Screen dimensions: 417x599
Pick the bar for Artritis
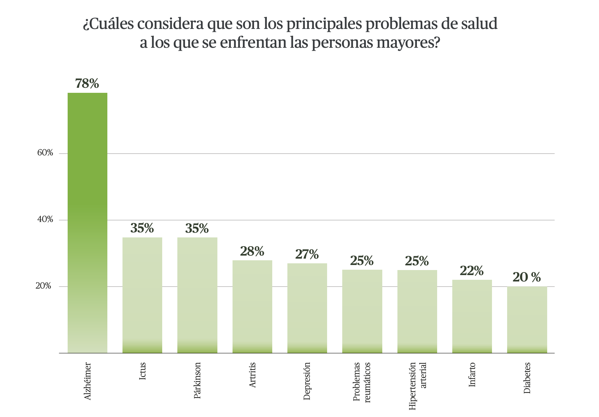tap(252, 306)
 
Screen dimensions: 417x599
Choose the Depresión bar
tap(307, 308)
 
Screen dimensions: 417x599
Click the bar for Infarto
tap(472, 316)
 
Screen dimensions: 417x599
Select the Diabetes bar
tap(527, 319)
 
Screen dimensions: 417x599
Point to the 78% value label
tap(87, 84)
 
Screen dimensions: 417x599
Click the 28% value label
tap(252, 251)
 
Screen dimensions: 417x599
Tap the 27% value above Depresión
tap(307, 255)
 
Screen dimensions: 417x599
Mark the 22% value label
tap(472, 271)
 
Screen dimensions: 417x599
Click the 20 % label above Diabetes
tap(527, 277)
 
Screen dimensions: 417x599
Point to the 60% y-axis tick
tap(45, 153)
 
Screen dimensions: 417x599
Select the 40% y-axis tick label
tap(45, 220)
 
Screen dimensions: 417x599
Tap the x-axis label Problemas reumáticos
tap(362, 382)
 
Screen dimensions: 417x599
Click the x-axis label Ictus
tap(142, 371)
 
